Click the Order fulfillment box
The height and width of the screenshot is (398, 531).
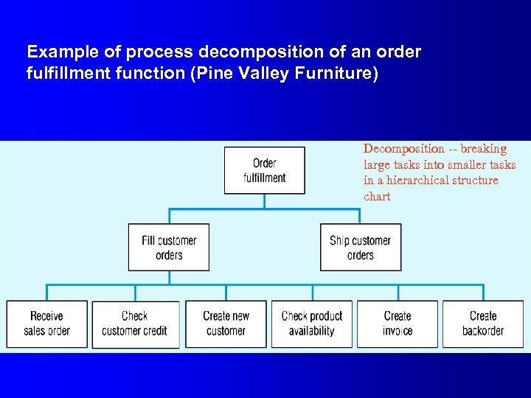(x=264, y=170)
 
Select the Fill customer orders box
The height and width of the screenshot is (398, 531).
(x=169, y=248)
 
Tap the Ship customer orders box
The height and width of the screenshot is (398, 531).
(x=361, y=248)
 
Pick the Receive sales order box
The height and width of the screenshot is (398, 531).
(x=46, y=324)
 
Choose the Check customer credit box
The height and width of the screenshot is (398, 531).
(x=135, y=324)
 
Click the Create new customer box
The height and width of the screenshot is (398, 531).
(x=226, y=324)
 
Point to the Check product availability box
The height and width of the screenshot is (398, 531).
(x=312, y=324)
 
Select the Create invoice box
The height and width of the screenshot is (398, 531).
(x=398, y=324)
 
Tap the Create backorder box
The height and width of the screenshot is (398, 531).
(x=483, y=324)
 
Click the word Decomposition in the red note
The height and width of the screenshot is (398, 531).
(x=403, y=149)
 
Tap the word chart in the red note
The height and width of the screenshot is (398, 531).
(x=377, y=197)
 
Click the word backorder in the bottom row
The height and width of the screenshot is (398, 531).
(x=483, y=332)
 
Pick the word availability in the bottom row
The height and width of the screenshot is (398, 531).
(x=312, y=332)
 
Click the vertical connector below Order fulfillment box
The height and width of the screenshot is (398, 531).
(x=264, y=201)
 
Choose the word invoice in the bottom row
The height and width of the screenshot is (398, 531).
(x=398, y=332)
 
